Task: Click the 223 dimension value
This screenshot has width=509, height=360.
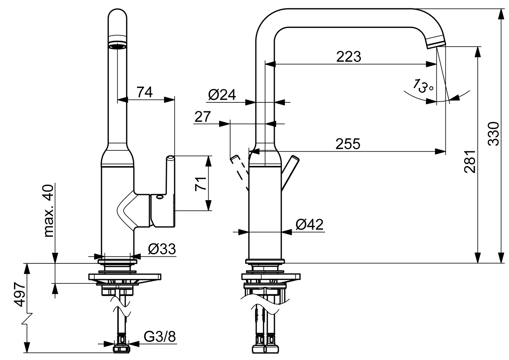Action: pos(348,57)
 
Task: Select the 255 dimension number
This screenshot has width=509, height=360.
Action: pos(348,144)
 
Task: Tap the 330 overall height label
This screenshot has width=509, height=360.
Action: pos(494,134)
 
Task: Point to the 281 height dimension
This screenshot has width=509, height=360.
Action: pos(470,162)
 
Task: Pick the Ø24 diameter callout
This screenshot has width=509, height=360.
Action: pos(222,95)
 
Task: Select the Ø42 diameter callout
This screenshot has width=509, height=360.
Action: pos(309,225)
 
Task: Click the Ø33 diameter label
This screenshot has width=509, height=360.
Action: pos(162,249)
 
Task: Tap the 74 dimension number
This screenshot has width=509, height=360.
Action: pos(145,92)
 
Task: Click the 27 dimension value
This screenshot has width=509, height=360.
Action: pos(203,117)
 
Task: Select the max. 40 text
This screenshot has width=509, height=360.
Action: pos(49,211)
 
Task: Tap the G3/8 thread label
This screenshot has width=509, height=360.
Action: pos(160,337)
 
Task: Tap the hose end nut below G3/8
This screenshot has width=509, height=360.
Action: pos(121,349)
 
